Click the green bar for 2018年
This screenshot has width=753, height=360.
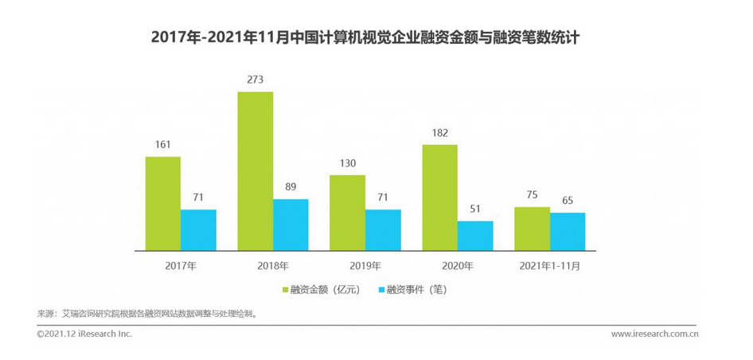255,170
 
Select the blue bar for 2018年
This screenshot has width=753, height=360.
291,224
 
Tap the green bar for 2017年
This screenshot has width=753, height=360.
162,203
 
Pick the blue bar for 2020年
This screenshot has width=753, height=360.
474,235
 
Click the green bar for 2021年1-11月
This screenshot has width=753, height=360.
532,229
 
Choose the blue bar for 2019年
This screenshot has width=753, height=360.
383,229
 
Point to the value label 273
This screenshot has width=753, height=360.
255,80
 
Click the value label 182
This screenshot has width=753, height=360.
439,133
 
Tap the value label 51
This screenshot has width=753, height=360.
475,209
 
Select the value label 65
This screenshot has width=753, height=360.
568,201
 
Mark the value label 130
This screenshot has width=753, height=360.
347,163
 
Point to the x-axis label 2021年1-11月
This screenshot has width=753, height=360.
549,264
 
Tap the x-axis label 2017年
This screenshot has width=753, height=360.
181,264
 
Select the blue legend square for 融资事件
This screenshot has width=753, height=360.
380,290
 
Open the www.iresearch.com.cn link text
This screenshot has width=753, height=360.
654,334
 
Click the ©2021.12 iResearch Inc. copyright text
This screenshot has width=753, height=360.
84,334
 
